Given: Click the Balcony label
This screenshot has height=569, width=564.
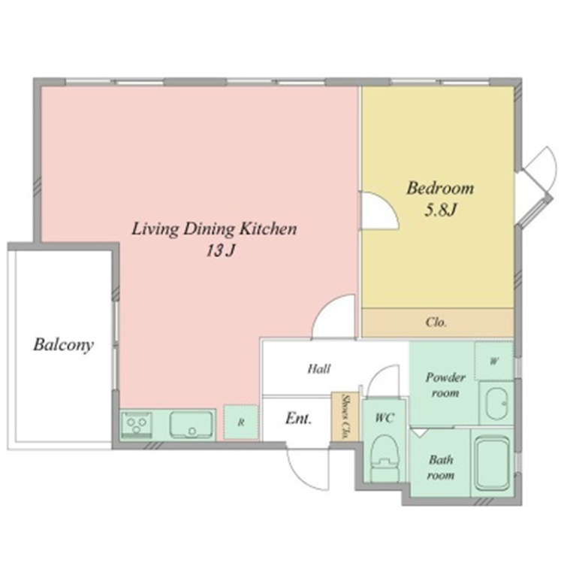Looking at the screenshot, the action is click(x=63, y=345).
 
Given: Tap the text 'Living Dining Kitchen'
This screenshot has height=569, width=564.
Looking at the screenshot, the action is click(x=214, y=229).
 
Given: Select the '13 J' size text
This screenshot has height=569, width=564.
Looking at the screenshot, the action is click(x=220, y=250).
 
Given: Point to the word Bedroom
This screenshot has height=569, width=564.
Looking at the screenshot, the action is click(x=440, y=188).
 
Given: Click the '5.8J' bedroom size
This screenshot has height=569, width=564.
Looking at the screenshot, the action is click(x=440, y=210).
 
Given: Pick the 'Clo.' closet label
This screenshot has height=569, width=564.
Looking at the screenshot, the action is click(x=436, y=322).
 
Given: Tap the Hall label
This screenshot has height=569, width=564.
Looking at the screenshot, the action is click(x=319, y=369).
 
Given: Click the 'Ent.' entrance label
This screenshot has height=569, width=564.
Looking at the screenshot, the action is click(x=298, y=419).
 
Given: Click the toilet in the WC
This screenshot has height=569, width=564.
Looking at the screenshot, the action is click(x=385, y=459).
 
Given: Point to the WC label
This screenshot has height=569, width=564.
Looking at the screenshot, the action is click(x=385, y=418).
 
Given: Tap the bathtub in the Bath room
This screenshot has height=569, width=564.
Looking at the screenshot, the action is click(x=492, y=463).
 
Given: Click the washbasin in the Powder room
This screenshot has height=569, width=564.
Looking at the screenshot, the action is click(x=496, y=404).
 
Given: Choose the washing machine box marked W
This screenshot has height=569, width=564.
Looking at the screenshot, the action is click(x=493, y=361).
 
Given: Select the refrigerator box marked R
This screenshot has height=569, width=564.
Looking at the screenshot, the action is click(x=240, y=422).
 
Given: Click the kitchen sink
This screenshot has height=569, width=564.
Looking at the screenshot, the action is click(x=191, y=424).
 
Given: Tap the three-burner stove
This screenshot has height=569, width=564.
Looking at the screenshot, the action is click(x=137, y=424).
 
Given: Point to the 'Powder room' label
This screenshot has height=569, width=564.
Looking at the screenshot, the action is click(x=445, y=385).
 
